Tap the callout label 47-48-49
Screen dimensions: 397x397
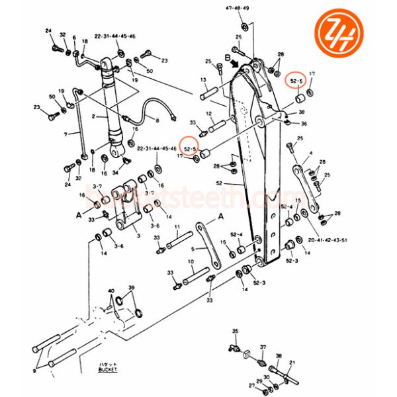point(238,9)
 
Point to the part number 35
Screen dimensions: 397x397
point(234,330)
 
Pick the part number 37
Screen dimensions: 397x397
point(263,347)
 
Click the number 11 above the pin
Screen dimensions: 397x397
point(178,228)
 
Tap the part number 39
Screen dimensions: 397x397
point(131,288)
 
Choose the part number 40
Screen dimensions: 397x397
point(110,290)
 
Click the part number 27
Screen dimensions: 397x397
point(251,384)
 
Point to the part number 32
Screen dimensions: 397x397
point(63,35)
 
